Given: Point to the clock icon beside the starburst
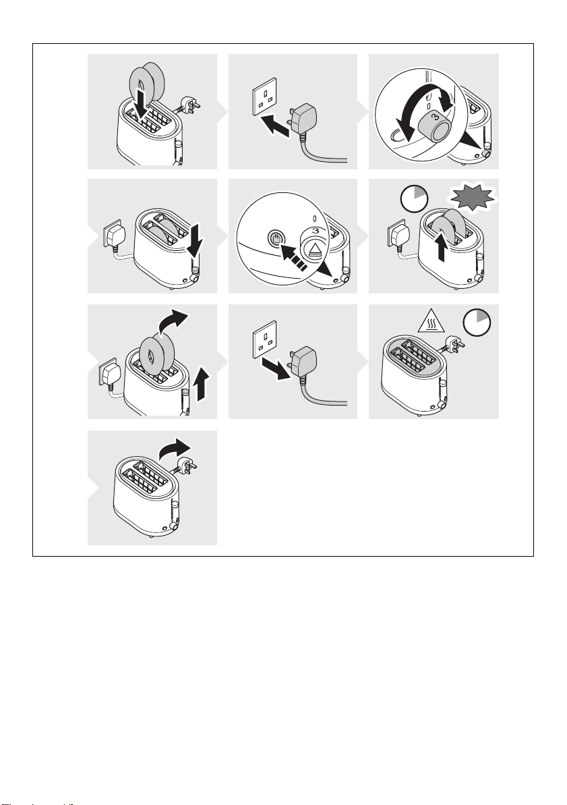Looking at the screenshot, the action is click(414, 198).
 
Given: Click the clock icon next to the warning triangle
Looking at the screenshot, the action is click(477, 323).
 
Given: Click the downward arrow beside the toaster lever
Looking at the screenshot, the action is click(196, 242).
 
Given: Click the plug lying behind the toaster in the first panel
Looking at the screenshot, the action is click(192, 106).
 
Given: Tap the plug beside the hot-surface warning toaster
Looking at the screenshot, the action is click(454, 343).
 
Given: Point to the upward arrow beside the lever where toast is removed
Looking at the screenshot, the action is click(204, 383).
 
